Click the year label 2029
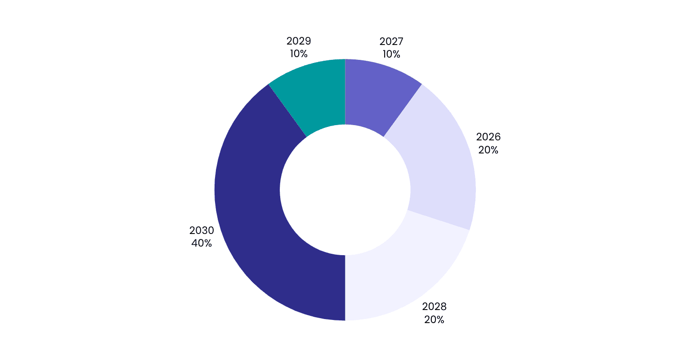pyautogui.click(x=299, y=41)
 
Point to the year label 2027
pyautogui.click(x=391, y=41)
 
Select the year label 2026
pyautogui.click(x=488, y=137)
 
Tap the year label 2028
pyautogui.click(x=434, y=306)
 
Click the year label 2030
pyautogui.click(x=202, y=230)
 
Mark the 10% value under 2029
pyautogui.click(x=299, y=54)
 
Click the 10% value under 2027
pyautogui.click(x=391, y=54)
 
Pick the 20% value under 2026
pyautogui.click(x=488, y=150)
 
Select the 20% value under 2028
pyautogui.click(x=434, y=319)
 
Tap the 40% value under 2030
pyautogui.click(x=202, y=243)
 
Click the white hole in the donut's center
pyautogui.click(x=345, y=190)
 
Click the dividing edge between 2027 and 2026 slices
pyautogui.click(x=403, y=111)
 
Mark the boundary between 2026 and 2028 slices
pyautogui.click(x=438, y=220)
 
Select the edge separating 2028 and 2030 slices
pyautogui.click(x=345, y=288)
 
